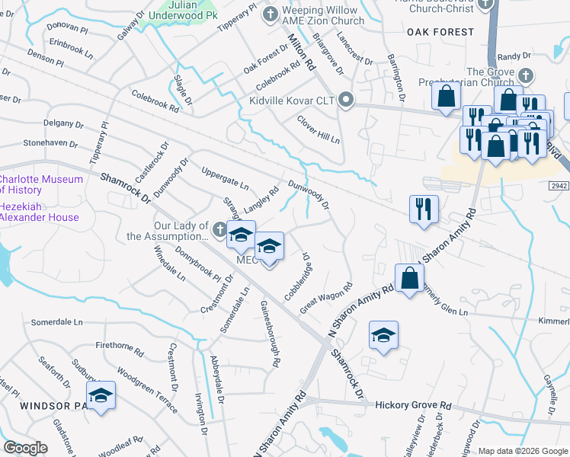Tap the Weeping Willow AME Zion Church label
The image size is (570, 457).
point(323,15)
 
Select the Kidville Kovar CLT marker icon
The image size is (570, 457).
point(346,100)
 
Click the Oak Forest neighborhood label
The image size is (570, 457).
point(440,32)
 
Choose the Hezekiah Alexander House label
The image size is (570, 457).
point(38,211)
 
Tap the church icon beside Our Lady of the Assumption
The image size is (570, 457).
point(219,227)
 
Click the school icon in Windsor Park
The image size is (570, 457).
point(101,395)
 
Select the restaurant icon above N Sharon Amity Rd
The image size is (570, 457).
point(424,208)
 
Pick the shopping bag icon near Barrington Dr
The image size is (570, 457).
point(446,97)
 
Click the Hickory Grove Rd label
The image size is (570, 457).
point(414,404)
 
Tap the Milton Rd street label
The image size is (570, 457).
point(302,51)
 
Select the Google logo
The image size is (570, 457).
point(26,447)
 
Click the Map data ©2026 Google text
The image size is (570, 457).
point(522,451)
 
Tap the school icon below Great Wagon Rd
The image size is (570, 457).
point(383,335)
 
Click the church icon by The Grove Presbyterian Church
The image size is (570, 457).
point(525,75)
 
